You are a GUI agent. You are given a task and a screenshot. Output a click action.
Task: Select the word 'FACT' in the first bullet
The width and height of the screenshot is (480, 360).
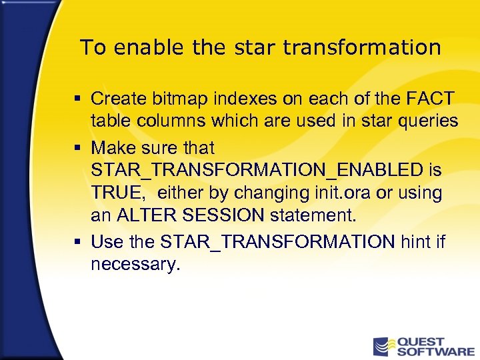pos(429,99)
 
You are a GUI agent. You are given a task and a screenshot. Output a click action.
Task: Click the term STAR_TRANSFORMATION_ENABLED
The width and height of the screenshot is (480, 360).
pos(257,170)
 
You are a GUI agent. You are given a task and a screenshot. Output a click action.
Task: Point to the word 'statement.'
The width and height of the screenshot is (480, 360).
pos(312,215)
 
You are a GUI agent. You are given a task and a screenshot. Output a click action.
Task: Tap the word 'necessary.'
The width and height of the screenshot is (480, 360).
pos(135,264)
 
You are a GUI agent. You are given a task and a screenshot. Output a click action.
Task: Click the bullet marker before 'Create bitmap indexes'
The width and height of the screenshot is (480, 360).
pos(77,99)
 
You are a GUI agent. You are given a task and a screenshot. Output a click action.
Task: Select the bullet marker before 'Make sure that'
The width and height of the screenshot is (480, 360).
pos(77,147)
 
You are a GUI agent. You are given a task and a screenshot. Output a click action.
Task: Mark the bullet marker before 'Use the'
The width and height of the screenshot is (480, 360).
pos(77,241)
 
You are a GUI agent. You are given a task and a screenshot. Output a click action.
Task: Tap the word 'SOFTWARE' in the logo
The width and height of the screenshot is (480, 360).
pos(435,351)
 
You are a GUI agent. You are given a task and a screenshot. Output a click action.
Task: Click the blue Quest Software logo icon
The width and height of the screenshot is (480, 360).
pos(383,347)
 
